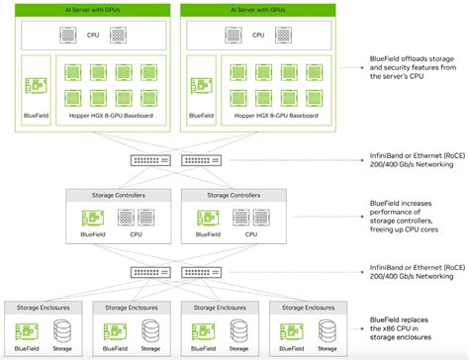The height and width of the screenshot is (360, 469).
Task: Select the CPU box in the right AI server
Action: pyautogui.click(x=259, y=36)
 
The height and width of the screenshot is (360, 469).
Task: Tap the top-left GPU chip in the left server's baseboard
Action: pyautogui.click(x=71, y=72)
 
